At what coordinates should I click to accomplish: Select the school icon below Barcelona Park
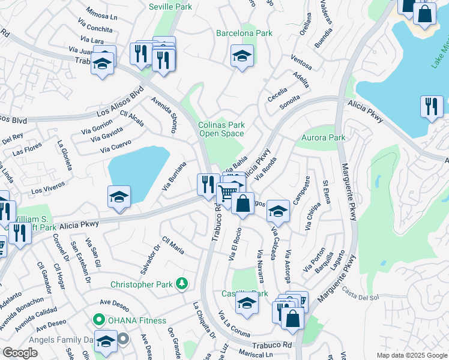(x=243, y=56)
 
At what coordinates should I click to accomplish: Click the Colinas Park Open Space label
(x=221, y=129)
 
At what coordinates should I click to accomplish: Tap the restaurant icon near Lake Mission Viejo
(x=432, y=107)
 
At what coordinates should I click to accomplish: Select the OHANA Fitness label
(x=137, y=320)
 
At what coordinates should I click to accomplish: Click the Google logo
(x=20, y=353)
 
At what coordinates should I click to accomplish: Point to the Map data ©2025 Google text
(x=411, y=355)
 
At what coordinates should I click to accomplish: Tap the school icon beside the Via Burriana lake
(x=119, y=197)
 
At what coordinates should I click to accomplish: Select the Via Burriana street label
(x=174, y=175)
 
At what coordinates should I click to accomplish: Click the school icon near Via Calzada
(x=278, y=211)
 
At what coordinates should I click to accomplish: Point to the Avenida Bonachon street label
(x=22, y=308)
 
